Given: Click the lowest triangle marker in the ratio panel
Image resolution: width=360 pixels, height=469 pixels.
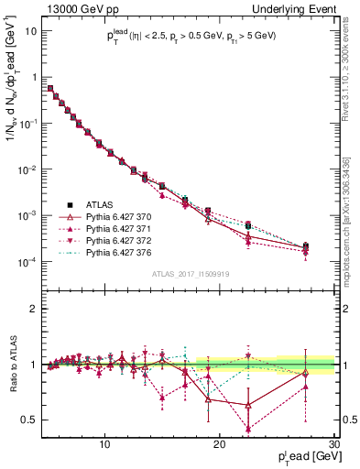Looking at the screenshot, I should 248,428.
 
